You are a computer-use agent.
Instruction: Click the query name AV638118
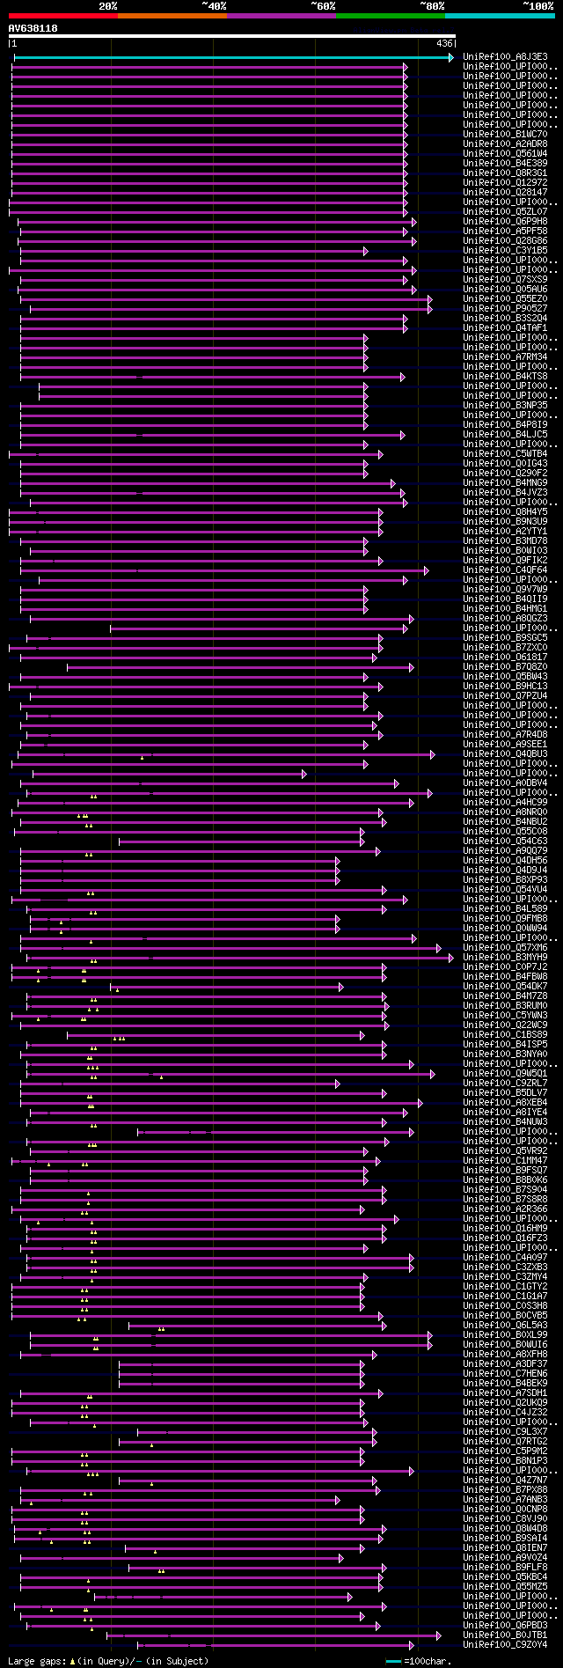pyautogui.click(x=33, y=28)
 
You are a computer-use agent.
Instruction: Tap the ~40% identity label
pyautogui.click(x=214, y=5)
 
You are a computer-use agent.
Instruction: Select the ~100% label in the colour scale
pyautogui.click(x=538, y=5)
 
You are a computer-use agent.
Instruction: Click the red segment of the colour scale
pyautogui.click(x=62, y=15)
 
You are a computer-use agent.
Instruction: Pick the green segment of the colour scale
pyautogui.click(x=390, y=15)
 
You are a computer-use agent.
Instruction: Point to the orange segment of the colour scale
pyautogui.click(x=172, y=15)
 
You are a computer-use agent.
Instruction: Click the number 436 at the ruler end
pyautogui.click(x=444, y=43)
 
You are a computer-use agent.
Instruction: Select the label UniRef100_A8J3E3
pyautogui.click(x=505, y=56)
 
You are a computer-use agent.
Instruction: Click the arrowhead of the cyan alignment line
pyautogui.click(x=451, y=57)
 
